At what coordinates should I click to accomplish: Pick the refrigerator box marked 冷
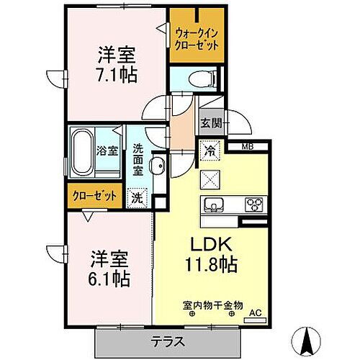pyautogui.click(x=207, y=153)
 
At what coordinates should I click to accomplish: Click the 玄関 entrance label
pyautogui.click(x=210, y=122)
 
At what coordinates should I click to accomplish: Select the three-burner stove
pyautogui.click(x=255, y=204)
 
